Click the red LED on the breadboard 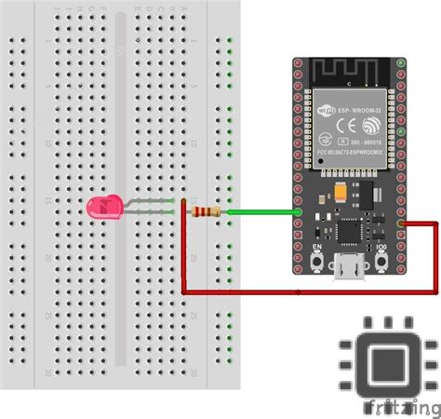coord(100,208)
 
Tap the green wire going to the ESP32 coord(261,212)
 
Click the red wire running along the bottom coord(307,291)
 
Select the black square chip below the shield coord(350,229)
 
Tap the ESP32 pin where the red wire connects coord(399,223)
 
